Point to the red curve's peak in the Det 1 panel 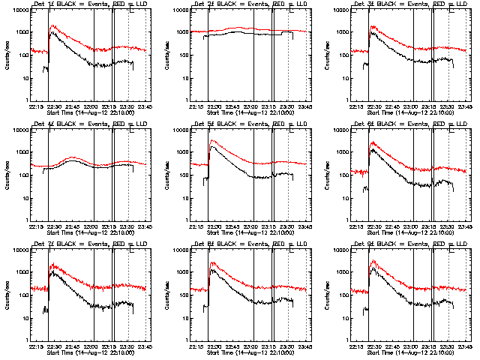pos(51,25)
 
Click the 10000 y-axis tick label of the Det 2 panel pos(182,10)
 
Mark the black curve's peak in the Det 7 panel pos(51,272)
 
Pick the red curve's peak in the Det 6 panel pos(372,142)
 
